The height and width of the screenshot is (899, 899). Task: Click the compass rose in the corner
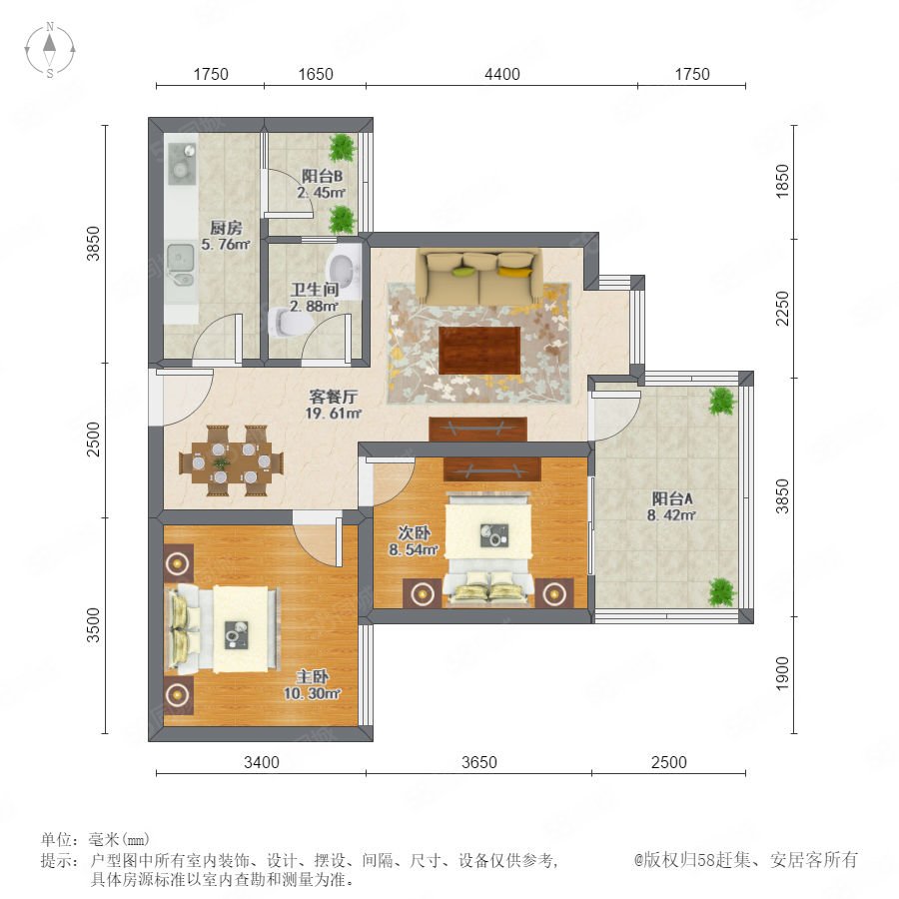50,49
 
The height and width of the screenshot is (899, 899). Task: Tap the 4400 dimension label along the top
502,74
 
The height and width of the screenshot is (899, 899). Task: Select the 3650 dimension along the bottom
479,762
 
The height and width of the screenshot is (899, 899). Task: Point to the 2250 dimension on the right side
782,309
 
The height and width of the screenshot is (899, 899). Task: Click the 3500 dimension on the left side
93,625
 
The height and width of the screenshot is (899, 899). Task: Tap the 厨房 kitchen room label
226,228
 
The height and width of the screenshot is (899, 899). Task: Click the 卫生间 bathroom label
315,290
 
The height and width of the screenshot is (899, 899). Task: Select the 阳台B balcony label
323,176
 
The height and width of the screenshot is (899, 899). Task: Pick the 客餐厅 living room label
333,397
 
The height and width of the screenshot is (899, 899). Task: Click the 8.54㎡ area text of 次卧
414,549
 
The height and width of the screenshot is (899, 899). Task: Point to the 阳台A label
672,498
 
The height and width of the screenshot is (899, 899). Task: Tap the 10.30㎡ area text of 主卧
313,693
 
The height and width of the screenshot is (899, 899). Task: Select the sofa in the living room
479,277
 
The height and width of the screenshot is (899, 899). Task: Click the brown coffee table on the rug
479,350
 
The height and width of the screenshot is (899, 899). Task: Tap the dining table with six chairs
231,460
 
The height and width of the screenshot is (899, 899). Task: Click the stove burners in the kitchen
182,161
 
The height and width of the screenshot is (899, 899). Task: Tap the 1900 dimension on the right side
782,673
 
